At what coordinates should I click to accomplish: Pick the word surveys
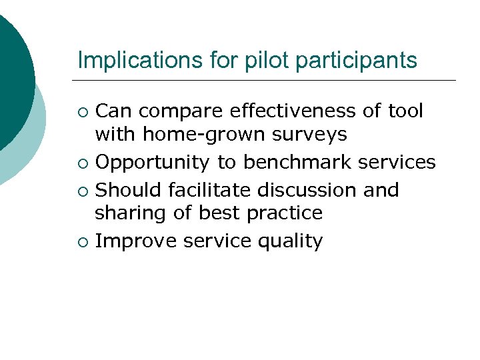(314, 135)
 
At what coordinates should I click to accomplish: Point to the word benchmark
(298, 162)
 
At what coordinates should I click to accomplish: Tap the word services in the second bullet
(398, 162)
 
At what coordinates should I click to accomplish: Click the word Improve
(133, 241)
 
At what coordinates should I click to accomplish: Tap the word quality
(286, 241)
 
